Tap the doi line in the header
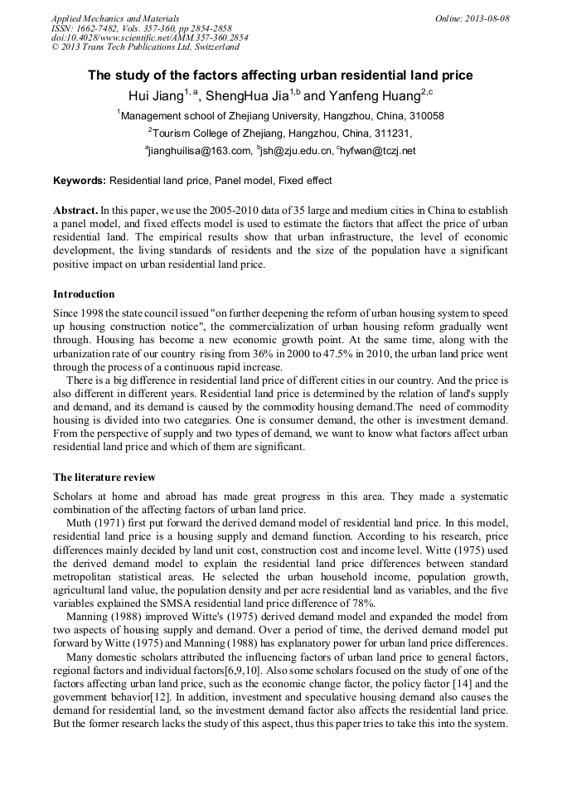tap(149, 37)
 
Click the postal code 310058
tap(426, 116)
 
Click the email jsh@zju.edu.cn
tap(295, 151)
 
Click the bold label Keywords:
tap(80, 181)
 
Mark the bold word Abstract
tap(75, 211)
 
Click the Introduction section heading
tap(84, 294)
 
